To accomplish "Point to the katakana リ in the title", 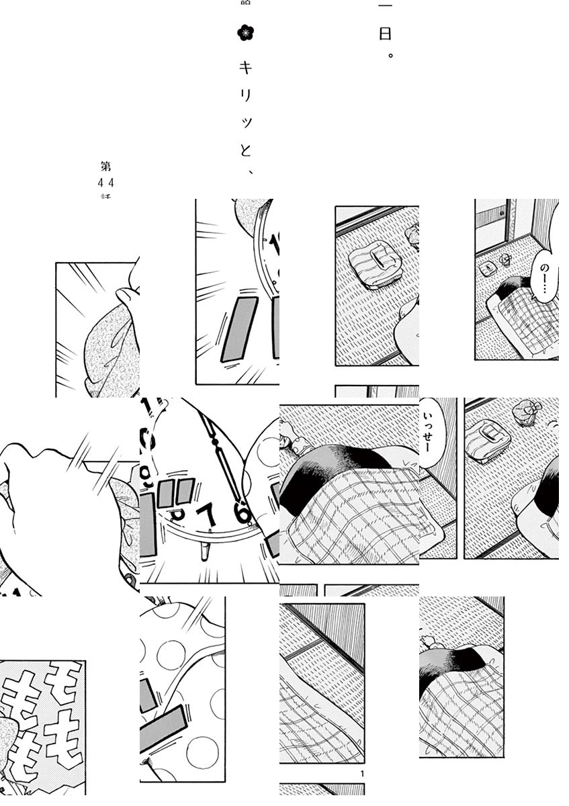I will tap(247, 95).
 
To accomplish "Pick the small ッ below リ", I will tap(247, 122).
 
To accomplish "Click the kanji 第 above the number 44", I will tap(106, 166).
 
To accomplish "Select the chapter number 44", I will tap(106, 182).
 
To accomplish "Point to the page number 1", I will tap(363, 774).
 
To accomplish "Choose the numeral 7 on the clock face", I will tap(210, 514).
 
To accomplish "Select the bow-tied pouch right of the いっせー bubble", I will tap(524, 411).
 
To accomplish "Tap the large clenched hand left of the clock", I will tap(47, 497).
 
